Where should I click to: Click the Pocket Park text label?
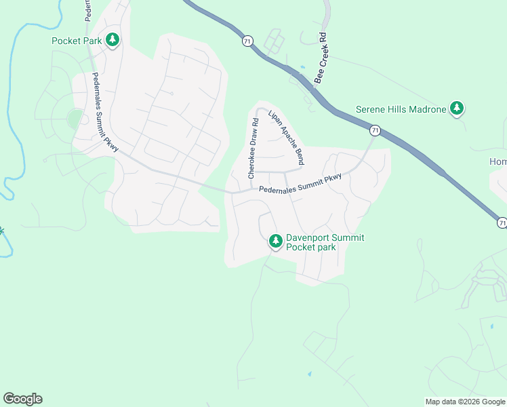(x=77, y=41)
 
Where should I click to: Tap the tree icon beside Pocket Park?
(x=113, y=41)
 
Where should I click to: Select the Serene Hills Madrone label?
(x=401, y=109)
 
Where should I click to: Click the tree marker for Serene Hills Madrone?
(x=458, y=109)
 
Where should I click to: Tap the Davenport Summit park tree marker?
(x=275, y=241)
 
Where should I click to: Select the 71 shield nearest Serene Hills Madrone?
(x=374, y=130)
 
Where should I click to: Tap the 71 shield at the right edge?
(x=502, y=222)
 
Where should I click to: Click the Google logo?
(x=22, y=399)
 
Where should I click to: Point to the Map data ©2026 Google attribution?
(x=465, y=402)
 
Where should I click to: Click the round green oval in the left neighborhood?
(x=75, y=119)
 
